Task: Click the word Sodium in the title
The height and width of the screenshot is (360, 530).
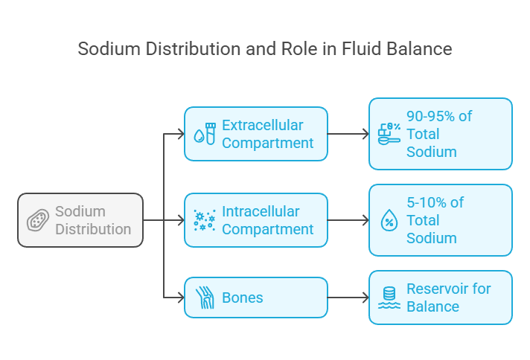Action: point(109,48)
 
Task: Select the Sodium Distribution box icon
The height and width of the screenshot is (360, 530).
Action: point(38,220)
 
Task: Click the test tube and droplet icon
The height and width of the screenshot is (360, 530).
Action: point(205,134)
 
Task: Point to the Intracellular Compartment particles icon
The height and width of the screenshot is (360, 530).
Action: point(205,220)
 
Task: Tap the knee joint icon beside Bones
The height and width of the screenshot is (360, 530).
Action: point(205,298)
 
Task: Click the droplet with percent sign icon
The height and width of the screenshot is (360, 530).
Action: point(389,220)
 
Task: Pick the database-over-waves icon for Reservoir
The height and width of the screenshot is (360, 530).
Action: point(389,298)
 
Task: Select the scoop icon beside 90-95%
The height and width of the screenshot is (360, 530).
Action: point(389,134)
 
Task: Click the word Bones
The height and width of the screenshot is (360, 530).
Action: point(243,298)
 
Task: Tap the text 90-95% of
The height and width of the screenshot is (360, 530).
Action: point(439,116)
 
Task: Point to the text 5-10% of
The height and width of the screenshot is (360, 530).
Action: point(435,202)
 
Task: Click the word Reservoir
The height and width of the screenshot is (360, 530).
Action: point(437,289)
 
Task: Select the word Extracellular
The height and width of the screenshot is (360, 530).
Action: point(263,125)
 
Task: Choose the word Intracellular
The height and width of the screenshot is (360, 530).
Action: point(261,212)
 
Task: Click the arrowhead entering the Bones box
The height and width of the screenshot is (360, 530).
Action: point(182,298)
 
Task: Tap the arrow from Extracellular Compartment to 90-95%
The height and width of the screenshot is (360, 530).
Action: point(348,134)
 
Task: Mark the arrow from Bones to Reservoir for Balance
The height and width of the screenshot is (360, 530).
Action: point(348,298)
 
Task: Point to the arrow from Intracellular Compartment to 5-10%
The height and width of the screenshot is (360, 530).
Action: point(348,220)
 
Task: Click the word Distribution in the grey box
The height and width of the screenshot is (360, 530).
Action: point(93,229)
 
